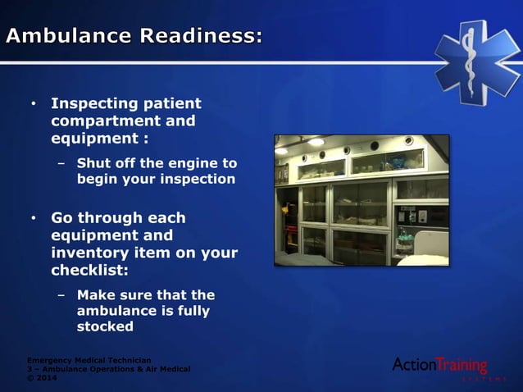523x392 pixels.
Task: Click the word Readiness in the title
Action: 200,36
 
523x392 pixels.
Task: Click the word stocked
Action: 105,326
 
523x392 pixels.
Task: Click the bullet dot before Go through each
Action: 34,219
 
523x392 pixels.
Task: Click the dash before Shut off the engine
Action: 61,162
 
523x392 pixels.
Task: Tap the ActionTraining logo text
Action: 439,365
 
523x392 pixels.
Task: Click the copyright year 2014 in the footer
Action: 48,378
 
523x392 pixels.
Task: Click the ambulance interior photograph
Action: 362,199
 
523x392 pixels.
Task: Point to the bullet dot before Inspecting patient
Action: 34,105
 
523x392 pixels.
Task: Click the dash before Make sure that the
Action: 61,294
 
